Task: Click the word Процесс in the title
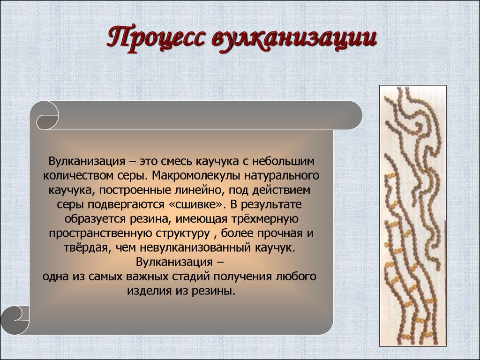click(156, 38)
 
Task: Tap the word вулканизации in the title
click(294, 39)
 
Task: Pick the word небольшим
click(283, 161)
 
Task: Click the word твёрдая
click(88, 248)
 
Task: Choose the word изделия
click(150, 291)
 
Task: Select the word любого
click(296, 277)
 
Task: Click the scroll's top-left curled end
click(48, 116)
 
